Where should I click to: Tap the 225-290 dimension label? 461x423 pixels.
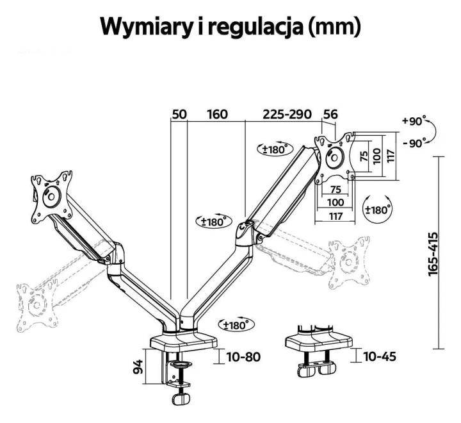[x=287, y=114]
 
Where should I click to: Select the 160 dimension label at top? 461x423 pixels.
[x=217, y=114]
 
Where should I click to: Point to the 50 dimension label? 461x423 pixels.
[x=179, y=114]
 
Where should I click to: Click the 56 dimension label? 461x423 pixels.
[x=330, y=114]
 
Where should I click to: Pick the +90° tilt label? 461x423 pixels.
[x=414, y=121]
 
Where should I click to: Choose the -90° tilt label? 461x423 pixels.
[x=414, y=144]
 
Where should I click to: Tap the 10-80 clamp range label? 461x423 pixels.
[x=243, y=357]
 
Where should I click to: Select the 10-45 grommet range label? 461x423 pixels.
[x=380, y=356]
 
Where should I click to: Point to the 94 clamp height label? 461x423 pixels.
[x=138, y=367]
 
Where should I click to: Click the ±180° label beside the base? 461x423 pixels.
[x=236, y=325]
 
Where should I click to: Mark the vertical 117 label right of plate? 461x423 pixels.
[x=390, y=156]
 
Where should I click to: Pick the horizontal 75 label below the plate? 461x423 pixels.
[x=336, y=189]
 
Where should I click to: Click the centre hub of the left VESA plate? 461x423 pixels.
[x=52, y=196]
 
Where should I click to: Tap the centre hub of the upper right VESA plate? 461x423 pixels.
[x=334, y=158]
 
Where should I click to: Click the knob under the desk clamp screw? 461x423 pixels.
[x=181, y=399]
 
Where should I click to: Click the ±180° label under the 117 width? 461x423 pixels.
[x=378, y=209]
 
